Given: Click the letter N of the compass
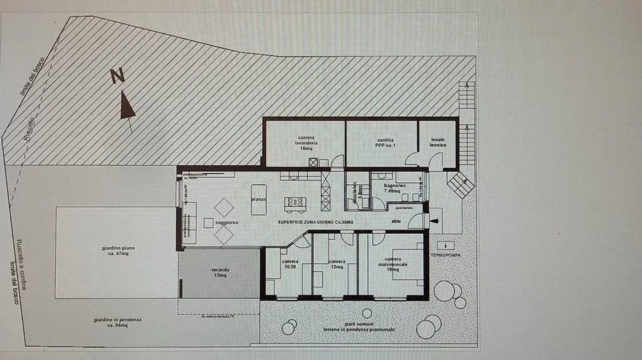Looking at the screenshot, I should [117, 76].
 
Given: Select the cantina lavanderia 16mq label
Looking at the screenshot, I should [306, 143].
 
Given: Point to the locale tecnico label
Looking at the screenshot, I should [438, 143].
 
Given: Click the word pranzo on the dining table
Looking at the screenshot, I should [259, 200].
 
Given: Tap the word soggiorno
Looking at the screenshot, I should [227, 222].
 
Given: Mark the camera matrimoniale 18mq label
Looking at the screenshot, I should [396, 264].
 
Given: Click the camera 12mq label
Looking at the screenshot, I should [336, 264].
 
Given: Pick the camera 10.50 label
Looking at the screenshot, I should [290, 264].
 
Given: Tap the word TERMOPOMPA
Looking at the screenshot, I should [446, 256].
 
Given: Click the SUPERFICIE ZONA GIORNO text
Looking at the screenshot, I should [316, 222].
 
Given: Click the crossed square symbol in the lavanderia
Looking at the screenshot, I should [313, 162].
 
